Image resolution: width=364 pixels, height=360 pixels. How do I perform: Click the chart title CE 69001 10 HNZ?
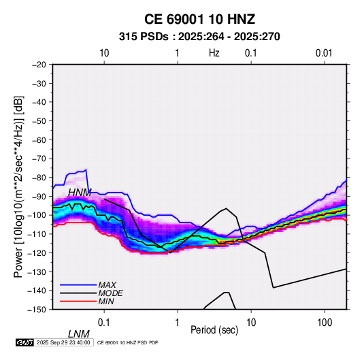click(199, 19)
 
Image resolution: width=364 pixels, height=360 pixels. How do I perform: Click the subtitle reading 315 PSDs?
click(144, 37)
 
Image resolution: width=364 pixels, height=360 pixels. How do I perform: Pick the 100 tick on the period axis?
click(325, 323)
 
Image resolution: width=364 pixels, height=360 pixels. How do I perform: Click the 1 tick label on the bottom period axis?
click(178, 323)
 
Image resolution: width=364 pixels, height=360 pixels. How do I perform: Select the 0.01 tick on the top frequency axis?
click(324, 53)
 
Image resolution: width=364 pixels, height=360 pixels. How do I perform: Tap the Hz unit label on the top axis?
click(214, 53)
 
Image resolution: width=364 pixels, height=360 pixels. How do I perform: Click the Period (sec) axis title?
click(214, 330)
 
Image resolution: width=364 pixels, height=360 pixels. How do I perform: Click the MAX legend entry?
click(107, 284)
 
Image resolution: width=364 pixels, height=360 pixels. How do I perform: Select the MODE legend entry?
click(110, 293)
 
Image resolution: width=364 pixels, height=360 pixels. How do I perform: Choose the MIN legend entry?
click(106, 301)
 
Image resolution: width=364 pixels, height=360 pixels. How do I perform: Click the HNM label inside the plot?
click(80, 193)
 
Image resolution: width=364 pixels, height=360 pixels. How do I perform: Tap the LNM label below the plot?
click(78, 334)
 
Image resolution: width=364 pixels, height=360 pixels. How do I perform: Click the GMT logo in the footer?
click(25, 342)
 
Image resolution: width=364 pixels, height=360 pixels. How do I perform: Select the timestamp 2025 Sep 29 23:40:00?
click(63, 342)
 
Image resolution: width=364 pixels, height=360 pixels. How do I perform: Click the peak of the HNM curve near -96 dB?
click(226, 208)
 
